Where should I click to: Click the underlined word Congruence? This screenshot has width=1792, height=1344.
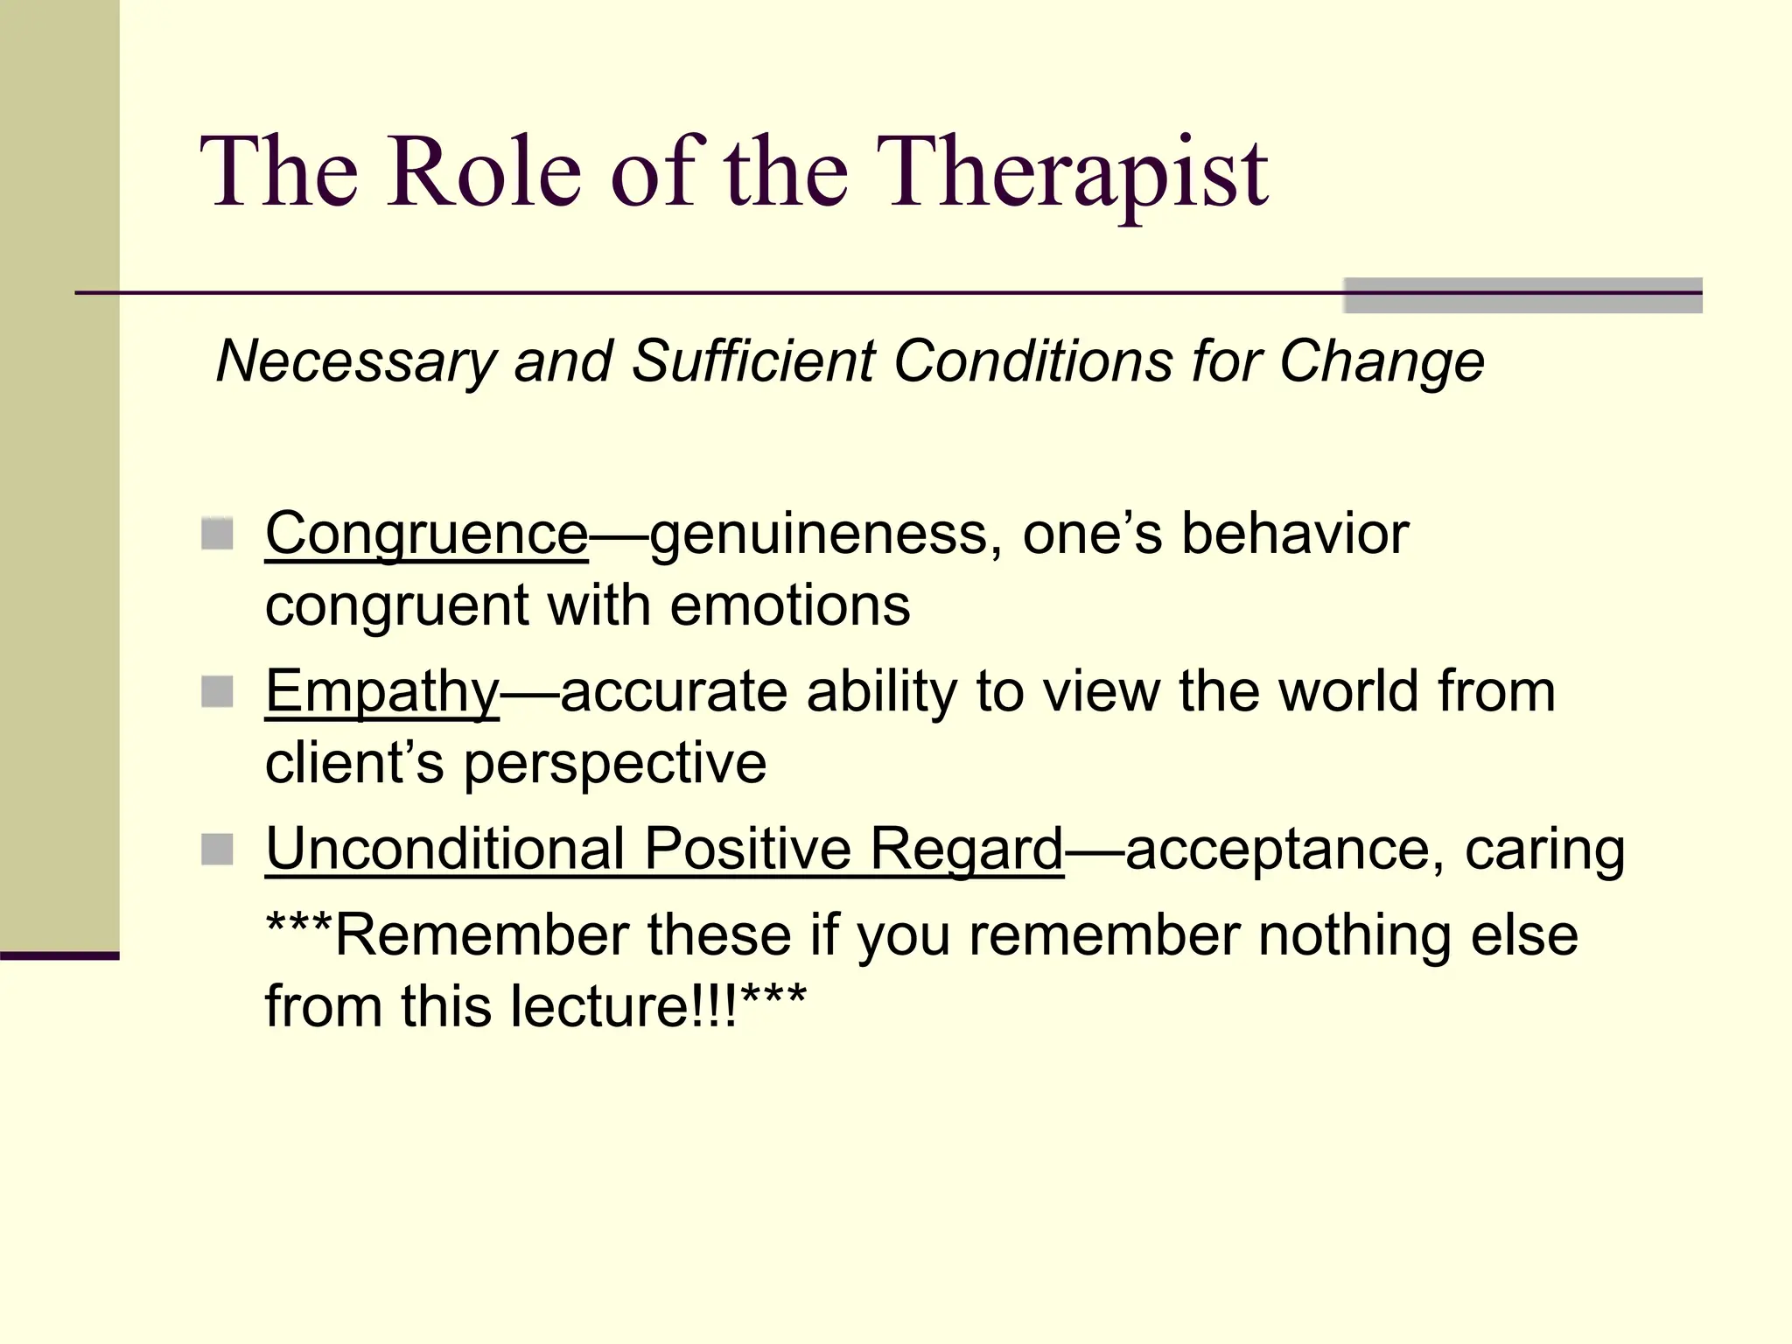[426, 534]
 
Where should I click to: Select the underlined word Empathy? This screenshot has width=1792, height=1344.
[381, 692]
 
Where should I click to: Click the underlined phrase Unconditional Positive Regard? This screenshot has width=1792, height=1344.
[664, 849]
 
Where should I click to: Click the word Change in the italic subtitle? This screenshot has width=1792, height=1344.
[1382, 361]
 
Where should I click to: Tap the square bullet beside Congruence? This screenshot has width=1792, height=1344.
[217, 534]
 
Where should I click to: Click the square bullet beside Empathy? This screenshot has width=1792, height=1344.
[217, 692]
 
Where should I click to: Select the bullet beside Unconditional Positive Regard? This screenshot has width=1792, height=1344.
[217, 849]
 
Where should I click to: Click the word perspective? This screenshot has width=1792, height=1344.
[614, 763]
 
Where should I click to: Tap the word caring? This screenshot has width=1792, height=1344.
[1544, 849]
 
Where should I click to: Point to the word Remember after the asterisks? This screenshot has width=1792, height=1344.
[481, 935]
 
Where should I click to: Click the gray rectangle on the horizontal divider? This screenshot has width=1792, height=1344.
[1522, 295]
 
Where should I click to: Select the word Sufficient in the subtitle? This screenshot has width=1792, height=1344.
[752, 361]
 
